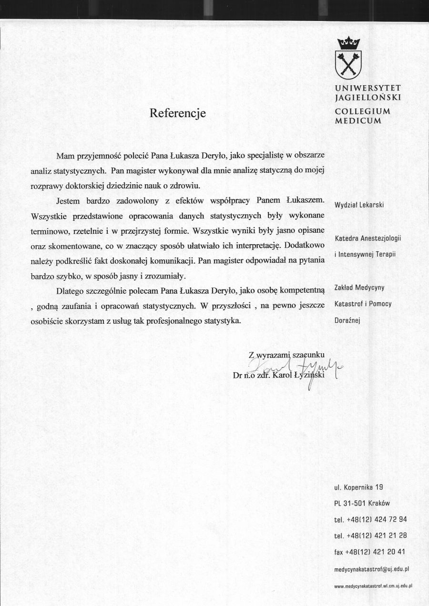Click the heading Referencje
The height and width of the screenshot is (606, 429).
tap(178, 113)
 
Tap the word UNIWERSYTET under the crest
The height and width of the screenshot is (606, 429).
tap(368, 88)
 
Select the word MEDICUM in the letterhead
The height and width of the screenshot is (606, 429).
tap(358, 120)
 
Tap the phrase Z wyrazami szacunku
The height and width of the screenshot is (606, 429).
tap(286, 354)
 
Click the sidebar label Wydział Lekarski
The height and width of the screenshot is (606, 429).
tap(359, 205)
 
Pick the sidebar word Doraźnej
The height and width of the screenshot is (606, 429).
tap(347, 320)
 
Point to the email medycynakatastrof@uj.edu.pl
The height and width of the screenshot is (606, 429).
tap(372, 568)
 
